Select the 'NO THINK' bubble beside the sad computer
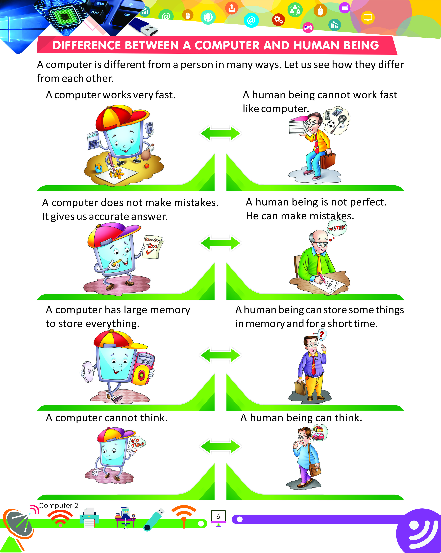[x=137, y=442]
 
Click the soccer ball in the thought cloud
[x=331, y=125]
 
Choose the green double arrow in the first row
[x=220, y=133]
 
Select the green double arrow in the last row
[x=220, y=446]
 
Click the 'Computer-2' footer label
[x=58, y=506]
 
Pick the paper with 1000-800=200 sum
[x=153, y=247]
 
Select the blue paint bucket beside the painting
[x=98, y=168]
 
